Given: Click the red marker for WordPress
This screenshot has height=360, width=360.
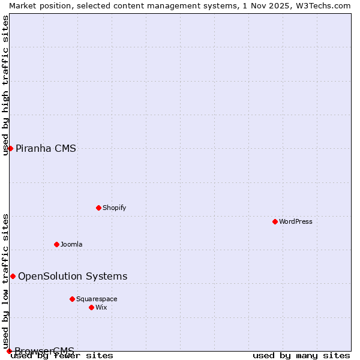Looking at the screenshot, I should [x=275, y=221].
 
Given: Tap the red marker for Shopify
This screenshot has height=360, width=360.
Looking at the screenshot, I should [x=98, y=208].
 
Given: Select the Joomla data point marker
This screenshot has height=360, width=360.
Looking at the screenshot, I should [x=56, y=244].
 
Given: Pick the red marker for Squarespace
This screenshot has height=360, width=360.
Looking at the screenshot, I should [x=72, y=299].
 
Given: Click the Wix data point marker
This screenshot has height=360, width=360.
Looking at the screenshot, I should [x=91, y=307].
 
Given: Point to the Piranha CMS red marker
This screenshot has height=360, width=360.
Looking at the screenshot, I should [x=10, y=148].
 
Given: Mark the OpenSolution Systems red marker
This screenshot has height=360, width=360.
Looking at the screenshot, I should [x=13, y=276].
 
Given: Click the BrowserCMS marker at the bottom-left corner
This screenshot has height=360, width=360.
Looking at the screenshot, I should [x=9, y=351].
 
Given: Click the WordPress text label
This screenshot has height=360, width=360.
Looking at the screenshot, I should [x=296, y=221].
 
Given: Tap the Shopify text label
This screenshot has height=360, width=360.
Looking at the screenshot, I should [x=115, y=208].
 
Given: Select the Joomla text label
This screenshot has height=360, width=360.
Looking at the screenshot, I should [x=71, y=244].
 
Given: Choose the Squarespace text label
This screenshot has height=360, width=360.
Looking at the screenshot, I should [x=97, y=299].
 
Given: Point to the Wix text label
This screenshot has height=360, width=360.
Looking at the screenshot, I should [x=101, y=307].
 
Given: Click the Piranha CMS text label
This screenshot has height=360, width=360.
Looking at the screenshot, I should [x=46, y=148].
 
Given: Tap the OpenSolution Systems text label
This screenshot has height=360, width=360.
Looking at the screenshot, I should [x=73, y=276].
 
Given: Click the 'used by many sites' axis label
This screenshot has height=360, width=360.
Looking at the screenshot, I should [x=301, y=356].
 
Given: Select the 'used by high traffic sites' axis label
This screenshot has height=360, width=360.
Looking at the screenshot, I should [x=5, y=85].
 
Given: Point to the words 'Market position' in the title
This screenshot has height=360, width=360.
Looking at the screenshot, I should [x=35, y=5].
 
